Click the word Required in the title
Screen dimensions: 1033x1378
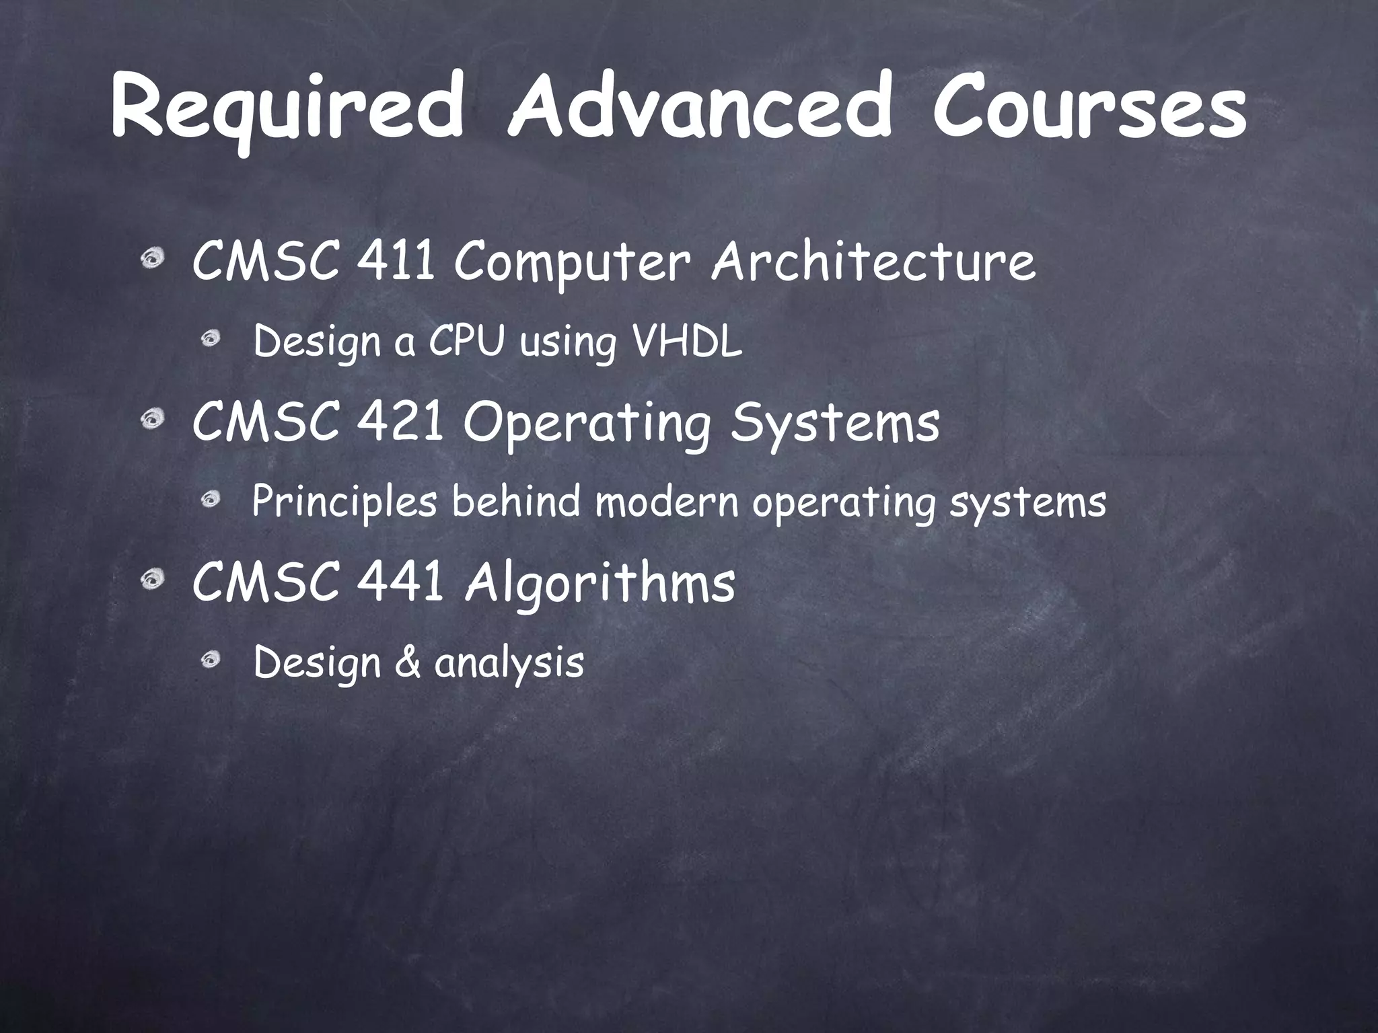click(x=287, y=113)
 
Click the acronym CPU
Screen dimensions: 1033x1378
click(x=466, y=342)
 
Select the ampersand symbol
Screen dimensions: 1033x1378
click(x=408, y=662)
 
